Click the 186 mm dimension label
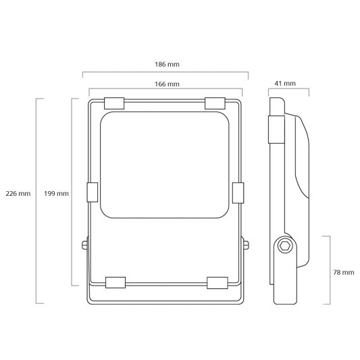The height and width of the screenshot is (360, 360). pyautogui.click(x=165, y=64)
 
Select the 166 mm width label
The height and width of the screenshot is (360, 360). pyautogui.click(x=165, y=84)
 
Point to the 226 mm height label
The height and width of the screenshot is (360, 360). pyautogui.click(x=17, y=194)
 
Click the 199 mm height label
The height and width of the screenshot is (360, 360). pyautogui.click(x=56, y=194)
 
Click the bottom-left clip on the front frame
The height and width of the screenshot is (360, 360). pyautogui.click(x=115, y=281)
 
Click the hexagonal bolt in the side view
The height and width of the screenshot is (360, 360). pyautogui.click(x=285, y=247)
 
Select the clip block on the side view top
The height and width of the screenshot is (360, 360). pyautogui.click(x=276, y=129)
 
